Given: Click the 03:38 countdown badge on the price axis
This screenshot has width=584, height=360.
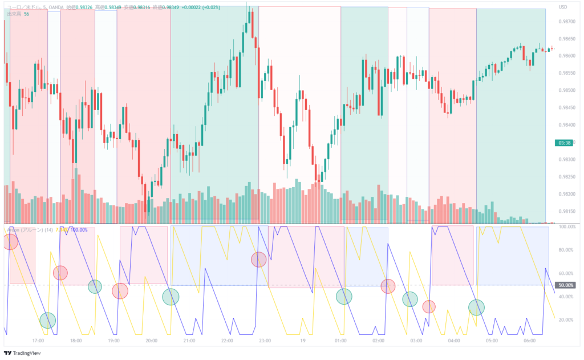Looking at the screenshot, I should pyautogui.click(x=565, y=143).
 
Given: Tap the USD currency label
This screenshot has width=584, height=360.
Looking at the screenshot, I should pyautogui.click(x=563, y=7).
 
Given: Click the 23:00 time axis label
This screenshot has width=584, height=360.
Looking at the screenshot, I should pyautogui.click(x=265, y=341).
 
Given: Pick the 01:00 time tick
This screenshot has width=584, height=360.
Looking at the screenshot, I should pyautogui.click(x=340, y=341).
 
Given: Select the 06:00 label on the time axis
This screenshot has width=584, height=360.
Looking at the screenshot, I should pyautogui.click(x=530, y=341).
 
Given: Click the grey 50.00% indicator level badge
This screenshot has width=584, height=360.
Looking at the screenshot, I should pyautogui.click(x=566, y=285).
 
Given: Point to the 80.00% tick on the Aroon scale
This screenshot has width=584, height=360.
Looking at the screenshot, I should pyautogui.click(x=566, y=250).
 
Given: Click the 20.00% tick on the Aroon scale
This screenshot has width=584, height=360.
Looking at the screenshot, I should pyautogui.click(x=566, y=319).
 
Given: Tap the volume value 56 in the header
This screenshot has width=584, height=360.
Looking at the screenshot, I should pyautogui.click(x=26, y=14).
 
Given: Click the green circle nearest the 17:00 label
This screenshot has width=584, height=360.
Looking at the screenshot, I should pyautogui.click(x=48, y=321).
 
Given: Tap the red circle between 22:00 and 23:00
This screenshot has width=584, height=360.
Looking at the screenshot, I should pyautogui.click(x=258, y=260).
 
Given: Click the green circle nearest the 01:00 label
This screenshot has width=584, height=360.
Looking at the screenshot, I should pyautogui.click(x=343, y=297).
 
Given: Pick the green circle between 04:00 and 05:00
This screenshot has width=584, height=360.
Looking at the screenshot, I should pyautogui.click(x=476, y=307).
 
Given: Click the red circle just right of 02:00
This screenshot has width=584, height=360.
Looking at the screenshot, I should pyautogui.click(x=388, y=286).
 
